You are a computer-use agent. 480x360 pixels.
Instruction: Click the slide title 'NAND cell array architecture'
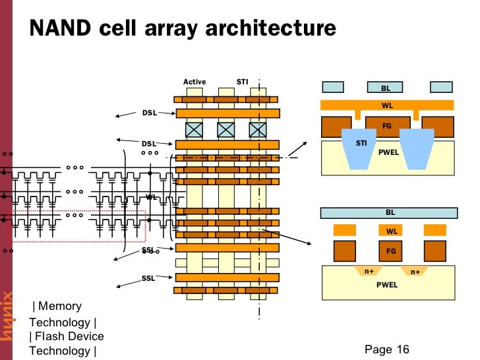coord(183,28)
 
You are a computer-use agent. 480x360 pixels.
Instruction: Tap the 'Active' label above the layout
coord(195,82)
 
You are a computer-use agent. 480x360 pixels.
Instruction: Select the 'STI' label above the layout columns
coord(242,82)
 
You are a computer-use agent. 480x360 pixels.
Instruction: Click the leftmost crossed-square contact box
coord(194,129)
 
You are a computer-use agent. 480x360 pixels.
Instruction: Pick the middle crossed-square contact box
coord(225,129)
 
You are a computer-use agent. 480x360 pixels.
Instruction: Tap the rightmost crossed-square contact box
coord(257,129)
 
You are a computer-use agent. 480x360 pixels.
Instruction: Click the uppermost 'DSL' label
coord(148,113)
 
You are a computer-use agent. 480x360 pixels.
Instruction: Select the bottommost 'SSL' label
coord(148,278)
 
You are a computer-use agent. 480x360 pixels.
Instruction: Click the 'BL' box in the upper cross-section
coord(386,87)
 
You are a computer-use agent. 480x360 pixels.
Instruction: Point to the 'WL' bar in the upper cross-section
coord(387,105)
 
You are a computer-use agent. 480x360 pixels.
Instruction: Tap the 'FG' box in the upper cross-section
coord(387,126)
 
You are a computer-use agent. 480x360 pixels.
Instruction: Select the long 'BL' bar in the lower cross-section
coord(389,212)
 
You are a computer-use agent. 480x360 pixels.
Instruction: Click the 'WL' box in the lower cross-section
coord(391,231)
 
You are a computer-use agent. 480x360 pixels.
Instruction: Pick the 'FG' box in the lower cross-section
coord(391,251)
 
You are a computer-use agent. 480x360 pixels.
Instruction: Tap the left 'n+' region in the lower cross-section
coord(369,271)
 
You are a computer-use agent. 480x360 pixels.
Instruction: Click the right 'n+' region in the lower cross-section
coord(415,271)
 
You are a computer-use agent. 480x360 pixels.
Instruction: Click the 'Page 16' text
coord(386,349)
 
